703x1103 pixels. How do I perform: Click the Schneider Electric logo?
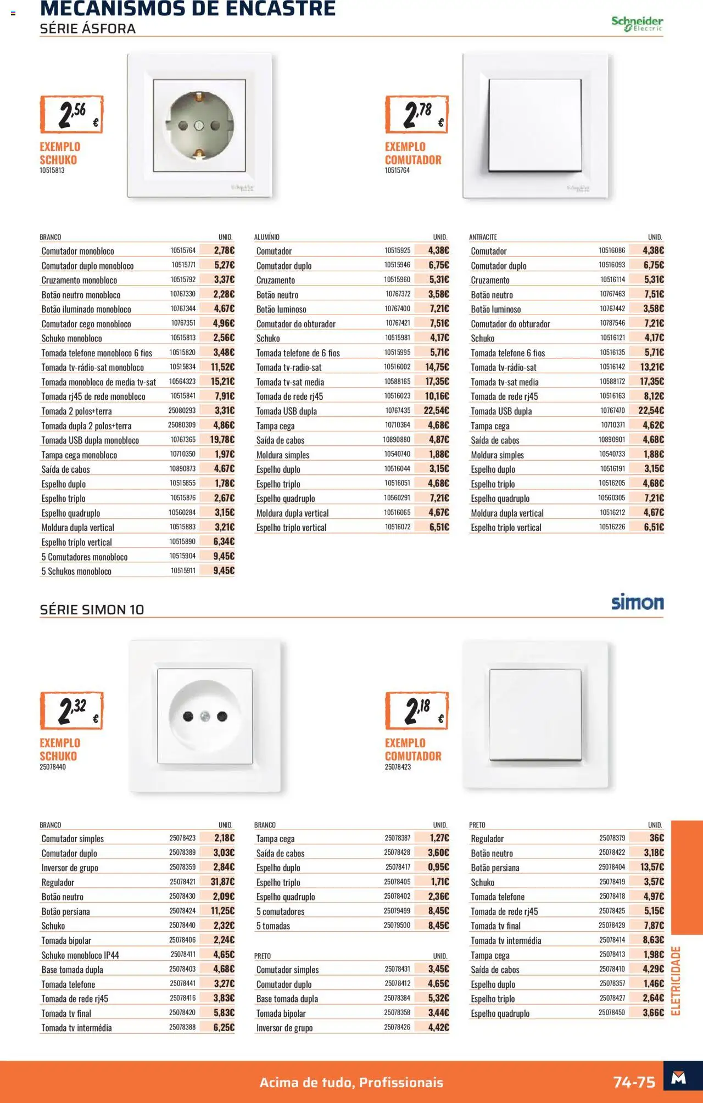point(637,23)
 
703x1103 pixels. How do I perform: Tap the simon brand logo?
point(637,602)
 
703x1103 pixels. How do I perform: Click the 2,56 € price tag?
point(71,114)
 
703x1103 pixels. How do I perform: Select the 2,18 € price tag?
point(417,710)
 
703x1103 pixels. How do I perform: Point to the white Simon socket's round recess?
point(205,715)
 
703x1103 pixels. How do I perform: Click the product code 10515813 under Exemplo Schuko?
point(52,171)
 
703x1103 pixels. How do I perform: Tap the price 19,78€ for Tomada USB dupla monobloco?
point(222,439)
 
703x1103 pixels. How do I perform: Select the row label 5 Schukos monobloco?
point(76,571)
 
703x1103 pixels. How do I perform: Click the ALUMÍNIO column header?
point(267,237)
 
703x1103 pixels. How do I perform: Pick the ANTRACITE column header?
point(483,237)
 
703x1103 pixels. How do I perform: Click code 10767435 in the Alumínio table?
point(398,410)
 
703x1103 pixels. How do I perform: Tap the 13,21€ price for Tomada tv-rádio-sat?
point(652,367)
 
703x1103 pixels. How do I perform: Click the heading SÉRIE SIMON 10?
point(92,609)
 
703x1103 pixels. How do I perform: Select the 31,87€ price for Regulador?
point(222,881)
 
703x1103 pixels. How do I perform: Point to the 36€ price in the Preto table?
point(656,838)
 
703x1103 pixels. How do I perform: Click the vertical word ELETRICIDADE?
point(676,981)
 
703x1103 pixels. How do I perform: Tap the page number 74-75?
point(634,1082)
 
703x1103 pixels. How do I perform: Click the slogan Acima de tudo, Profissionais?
point(351,1082)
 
